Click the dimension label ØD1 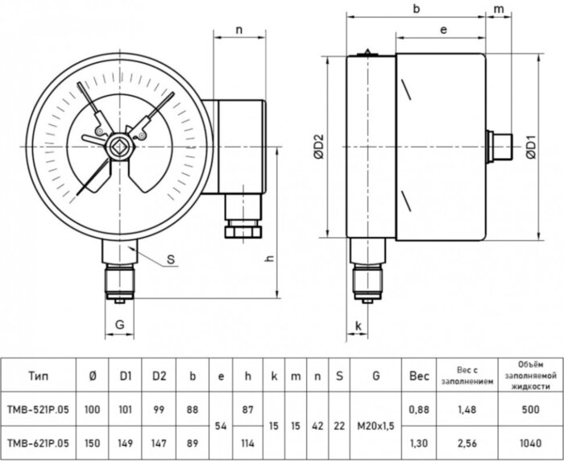pos(533,149)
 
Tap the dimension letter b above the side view pos(417,9)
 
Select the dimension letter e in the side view pos(444,29)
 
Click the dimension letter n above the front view pos(239,29)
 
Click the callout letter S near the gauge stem pos(170,260)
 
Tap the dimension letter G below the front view pos(119,325)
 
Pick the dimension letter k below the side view pos(358,325)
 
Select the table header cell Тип pos(37,376)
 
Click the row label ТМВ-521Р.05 pos(38,410)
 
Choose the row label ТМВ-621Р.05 pos(38,442)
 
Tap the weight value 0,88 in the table pos(420,410)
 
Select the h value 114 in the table pos(247,442)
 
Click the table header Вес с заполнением pos(467,376)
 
